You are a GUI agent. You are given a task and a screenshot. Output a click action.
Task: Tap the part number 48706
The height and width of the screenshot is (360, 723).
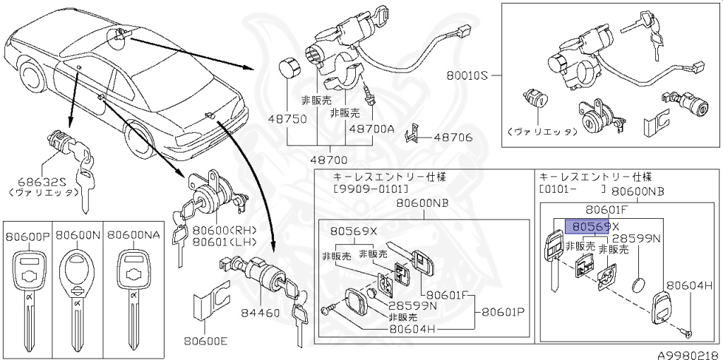(453, 137)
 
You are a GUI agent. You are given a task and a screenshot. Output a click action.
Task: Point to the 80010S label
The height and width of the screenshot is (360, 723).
(467, 73)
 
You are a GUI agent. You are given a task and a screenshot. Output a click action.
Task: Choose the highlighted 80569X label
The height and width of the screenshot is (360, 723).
(591, 227)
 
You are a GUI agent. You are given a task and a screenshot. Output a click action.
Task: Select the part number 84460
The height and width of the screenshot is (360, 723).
(259, 312)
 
